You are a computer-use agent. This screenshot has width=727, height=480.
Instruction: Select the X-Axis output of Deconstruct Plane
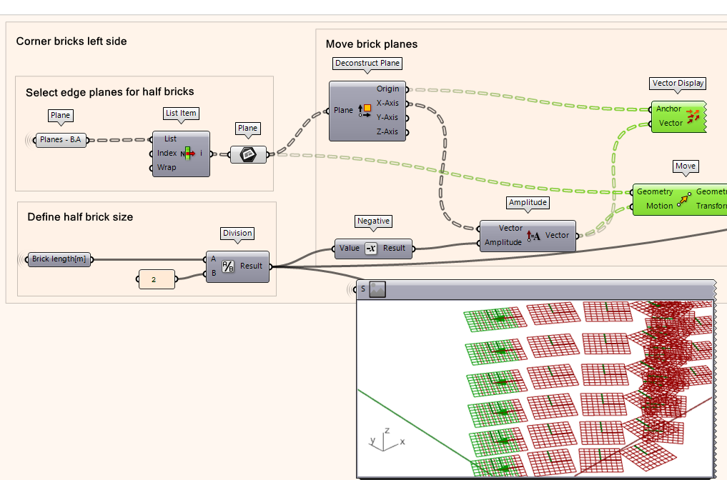[x=387, y=104]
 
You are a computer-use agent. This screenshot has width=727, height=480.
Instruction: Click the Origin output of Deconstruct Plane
[x=387, y=89]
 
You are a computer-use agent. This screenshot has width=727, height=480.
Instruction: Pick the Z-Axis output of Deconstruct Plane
[x=387, y=132]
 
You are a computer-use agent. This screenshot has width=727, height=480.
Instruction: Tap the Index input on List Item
[x=167, y=154]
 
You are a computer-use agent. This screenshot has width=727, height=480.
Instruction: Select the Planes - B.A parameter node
[x=61, y=140]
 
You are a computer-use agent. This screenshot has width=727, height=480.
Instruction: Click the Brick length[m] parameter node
[x=59, y=259]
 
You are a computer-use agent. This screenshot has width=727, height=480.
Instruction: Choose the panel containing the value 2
[x=156, y=279]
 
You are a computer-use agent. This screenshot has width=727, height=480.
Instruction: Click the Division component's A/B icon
[x=228, y=266]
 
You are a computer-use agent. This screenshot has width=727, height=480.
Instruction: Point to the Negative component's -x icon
[x=370, y=249]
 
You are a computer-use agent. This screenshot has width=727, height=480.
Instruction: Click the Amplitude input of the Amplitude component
[x=503, y=242]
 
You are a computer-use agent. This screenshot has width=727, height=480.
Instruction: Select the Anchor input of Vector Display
[x=668, y=109]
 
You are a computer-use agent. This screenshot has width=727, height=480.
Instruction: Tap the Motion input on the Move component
[x=659, y=206]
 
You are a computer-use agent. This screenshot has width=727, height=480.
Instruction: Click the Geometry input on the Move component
[x=655, y=191]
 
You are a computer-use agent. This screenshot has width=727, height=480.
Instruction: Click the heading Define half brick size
[x=80, y=217]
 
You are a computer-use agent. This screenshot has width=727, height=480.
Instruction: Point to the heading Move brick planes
[x=371, y=44]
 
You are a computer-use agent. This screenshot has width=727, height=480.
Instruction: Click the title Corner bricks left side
[x=71, y=41]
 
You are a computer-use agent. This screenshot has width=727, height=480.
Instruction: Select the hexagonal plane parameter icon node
[x=248, y=154]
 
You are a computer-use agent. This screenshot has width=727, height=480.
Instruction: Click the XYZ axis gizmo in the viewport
[x=383, y=440]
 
